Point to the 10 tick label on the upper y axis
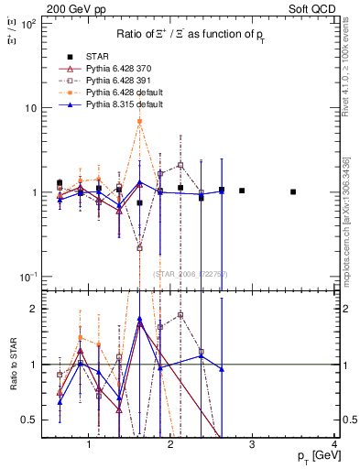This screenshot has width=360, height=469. click(x=30, y=108)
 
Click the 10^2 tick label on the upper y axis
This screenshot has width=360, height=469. click(x=29, y=24)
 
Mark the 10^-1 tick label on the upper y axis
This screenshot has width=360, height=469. click(x=28, y=277)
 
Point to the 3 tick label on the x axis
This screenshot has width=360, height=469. click(x=253, y=445)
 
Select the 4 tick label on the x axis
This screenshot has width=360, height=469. click(x=334, y=445)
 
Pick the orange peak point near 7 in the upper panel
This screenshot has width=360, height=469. click(x=139, y=121)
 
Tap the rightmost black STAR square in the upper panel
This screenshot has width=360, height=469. click(x=293, y=192)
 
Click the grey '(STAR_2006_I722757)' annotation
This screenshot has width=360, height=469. click(x=198, y=274)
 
